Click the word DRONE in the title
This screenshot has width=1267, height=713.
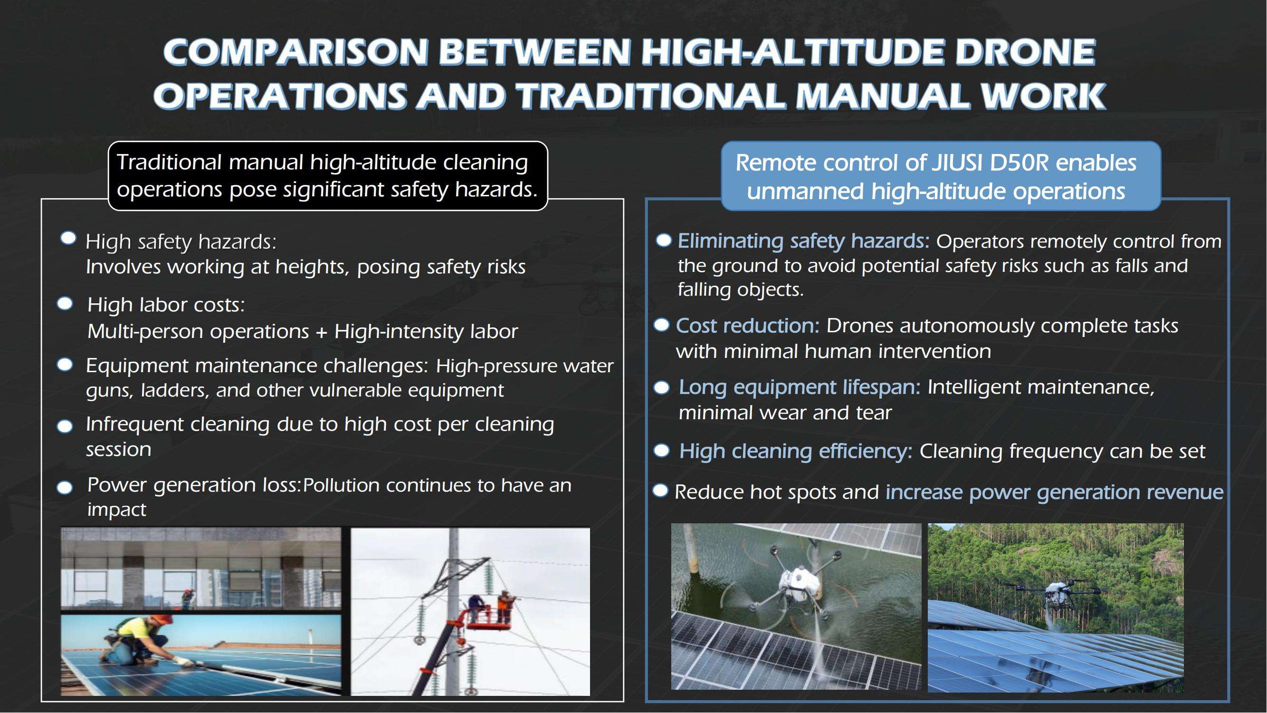(x=1025, y=52)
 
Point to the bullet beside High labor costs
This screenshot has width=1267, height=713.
(x=65, y=304)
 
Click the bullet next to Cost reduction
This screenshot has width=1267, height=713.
(x=662, y=325)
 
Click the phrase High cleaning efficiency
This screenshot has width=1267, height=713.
(x=796, y=451)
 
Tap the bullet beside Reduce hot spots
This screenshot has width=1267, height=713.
(x=660, y=491)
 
